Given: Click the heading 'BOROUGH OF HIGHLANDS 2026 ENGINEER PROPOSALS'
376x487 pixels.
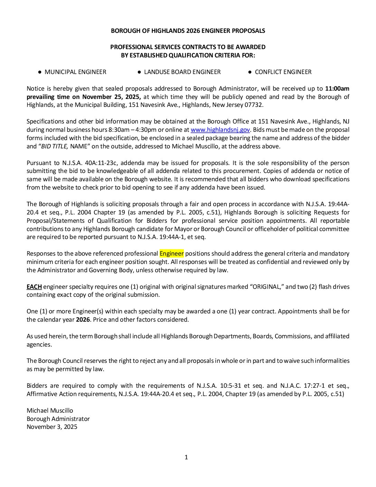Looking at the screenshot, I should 188,31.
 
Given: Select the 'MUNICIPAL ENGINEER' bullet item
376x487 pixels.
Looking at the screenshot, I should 75,72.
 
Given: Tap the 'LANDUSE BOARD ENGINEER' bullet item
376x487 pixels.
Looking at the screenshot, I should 182,72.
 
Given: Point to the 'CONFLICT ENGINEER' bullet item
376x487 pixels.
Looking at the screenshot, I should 283,72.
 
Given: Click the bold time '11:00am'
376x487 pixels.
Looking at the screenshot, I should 337,89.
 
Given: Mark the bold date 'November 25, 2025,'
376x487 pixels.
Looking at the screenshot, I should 111,97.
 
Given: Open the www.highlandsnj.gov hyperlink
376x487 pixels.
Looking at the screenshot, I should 220,130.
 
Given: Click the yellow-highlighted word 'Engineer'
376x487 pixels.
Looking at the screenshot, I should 171,254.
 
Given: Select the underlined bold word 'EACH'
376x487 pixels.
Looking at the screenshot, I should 34,287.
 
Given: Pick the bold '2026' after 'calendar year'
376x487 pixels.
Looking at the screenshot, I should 83,320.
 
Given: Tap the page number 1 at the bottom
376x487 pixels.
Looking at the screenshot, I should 186,457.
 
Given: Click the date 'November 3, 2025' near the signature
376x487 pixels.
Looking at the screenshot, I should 52,427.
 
